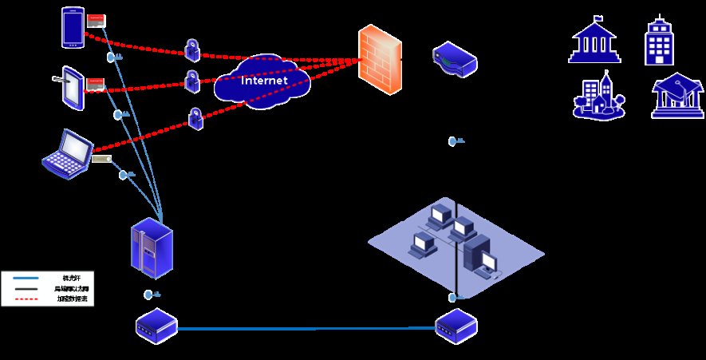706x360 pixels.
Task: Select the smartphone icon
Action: click(x=72, y=26)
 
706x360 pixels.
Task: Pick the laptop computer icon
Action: click(x=69, y=155)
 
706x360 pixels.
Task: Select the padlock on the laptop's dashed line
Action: click(x=195, y=118)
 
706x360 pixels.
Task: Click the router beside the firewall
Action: click(x=454, y=60)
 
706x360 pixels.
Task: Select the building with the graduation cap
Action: click(x=677, y=97)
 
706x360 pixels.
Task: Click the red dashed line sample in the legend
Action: click(x=26, y=299)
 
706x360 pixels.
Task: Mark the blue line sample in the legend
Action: click(x=26, y=278)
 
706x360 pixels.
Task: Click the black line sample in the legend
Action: click(x=26, y=288)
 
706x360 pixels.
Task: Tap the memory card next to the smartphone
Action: click(x=96, y=18)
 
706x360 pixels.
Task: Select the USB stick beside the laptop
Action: click(x=101, y=159)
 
